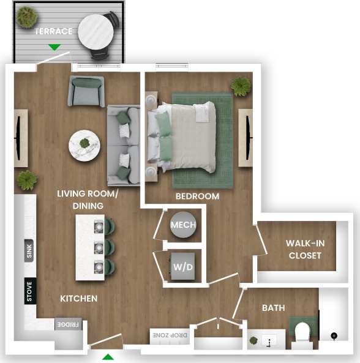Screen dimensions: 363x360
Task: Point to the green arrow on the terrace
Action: (x=54, y=47)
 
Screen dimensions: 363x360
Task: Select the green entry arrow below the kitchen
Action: (x=108, y=357)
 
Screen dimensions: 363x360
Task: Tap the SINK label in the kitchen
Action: (x=29, y=251)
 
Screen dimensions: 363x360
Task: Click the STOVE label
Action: (x=29, y=291)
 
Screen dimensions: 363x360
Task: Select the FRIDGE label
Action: (x=65, y=324)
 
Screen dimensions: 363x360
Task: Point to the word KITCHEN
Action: (x=78, y=299)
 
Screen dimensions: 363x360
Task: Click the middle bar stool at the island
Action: (x=108, y=247)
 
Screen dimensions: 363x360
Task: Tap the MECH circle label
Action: (x=183, y=225)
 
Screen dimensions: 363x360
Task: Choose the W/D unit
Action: (x=183, y=267)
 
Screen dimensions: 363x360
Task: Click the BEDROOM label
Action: (x=197, y=196)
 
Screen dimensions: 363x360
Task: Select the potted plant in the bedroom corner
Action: (x=241, y=86)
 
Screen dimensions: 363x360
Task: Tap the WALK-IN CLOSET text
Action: (x=305, y=249)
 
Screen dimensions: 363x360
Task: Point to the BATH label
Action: (x=273, y=308)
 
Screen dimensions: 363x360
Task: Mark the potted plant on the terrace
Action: (x=26, y=17)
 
